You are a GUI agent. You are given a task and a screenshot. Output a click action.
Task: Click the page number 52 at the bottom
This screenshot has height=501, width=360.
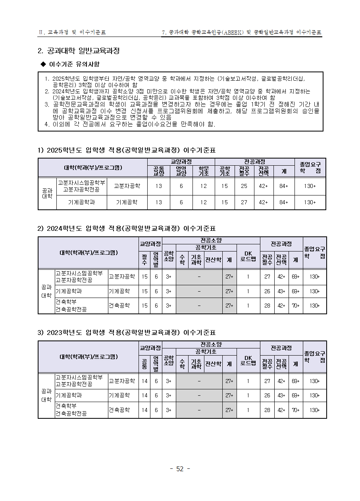[180, 469]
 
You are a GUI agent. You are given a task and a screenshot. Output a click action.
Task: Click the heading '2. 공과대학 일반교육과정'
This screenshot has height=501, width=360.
[78, 51]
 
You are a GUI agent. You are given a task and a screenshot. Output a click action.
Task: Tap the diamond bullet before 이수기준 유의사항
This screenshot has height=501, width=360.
[44, 64]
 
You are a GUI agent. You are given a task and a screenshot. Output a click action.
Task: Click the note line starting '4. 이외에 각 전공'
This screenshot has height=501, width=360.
[130, 124]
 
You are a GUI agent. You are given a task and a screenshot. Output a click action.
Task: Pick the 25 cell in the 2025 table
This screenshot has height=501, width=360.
[244, 186]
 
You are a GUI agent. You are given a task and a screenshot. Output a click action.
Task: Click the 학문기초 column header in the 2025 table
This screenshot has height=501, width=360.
[204, 171]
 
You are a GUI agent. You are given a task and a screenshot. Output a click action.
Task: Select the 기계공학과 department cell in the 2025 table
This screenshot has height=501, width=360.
[81, 202]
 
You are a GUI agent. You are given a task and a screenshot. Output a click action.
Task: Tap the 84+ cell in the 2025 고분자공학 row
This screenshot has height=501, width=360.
[284, 186]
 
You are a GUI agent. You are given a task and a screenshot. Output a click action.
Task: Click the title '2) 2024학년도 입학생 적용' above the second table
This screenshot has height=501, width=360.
[126, 228]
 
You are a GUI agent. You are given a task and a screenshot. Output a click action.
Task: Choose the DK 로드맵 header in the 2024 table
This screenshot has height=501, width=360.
[248, 256]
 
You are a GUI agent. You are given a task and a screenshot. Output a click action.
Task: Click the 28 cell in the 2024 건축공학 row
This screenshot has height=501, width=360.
[267, 306]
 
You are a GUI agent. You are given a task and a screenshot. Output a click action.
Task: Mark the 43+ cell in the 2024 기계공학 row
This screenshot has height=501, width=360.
[281, 291]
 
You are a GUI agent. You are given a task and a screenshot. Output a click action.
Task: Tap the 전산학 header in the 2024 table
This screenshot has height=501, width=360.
[213, 260]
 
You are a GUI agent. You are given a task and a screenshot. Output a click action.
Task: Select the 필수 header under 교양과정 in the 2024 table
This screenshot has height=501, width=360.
[144, 260]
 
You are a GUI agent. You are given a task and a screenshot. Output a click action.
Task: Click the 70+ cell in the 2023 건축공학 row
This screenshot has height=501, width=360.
[295, 410]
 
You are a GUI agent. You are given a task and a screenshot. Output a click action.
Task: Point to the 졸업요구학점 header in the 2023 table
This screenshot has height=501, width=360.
[315, 357]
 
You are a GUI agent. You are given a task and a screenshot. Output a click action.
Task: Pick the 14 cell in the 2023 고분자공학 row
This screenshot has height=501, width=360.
[144, 381]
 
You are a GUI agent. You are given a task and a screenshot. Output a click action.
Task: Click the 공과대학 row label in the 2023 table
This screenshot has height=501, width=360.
[46, 395]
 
